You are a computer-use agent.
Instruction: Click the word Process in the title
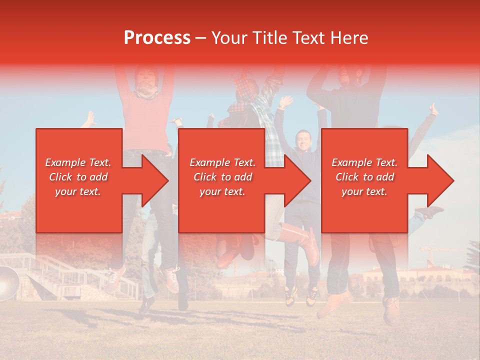(157, 38)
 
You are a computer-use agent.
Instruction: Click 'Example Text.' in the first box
(78, 162)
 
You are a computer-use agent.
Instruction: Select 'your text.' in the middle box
(222, 191)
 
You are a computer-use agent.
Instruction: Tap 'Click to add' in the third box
(364, 177)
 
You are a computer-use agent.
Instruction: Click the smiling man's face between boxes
(303, 140)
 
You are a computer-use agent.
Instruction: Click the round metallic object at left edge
(6, 282)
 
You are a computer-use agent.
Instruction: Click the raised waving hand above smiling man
(285, 102)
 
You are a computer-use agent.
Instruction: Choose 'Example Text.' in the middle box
(222, 162)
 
